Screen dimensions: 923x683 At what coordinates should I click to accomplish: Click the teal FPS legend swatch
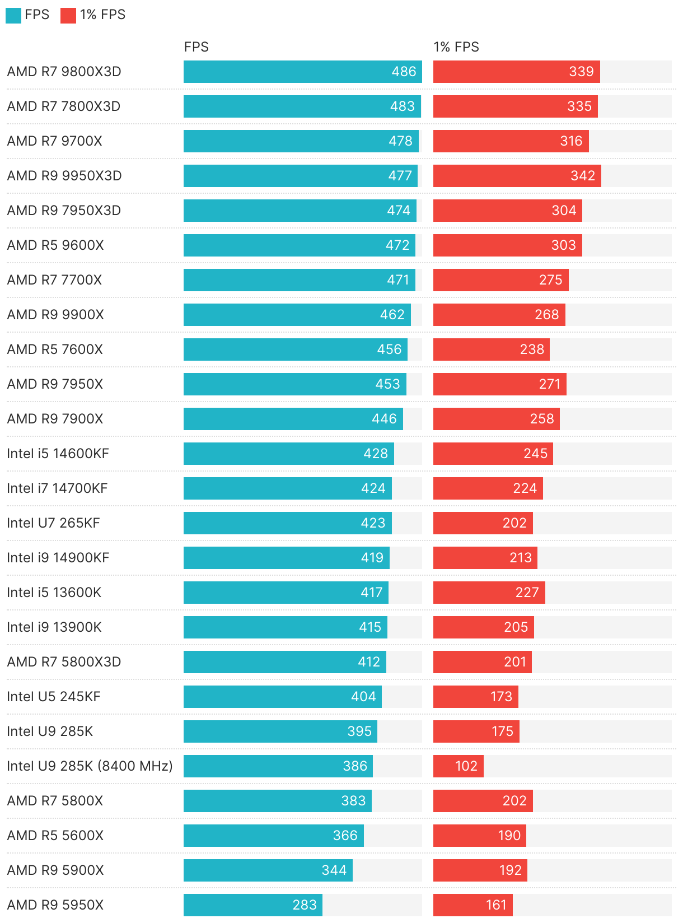tap(13, 15)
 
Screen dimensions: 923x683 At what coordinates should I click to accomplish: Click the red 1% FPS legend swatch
tap(68, 15)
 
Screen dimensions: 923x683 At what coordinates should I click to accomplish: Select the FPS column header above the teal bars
tap(196, 47)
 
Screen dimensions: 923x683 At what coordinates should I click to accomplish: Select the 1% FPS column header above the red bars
tap(456, 47)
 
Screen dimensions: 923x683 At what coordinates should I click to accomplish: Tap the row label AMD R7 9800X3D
tap(64, 72)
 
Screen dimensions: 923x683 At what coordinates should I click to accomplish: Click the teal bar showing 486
tap(302, 72)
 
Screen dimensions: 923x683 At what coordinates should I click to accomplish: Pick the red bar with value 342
tap(517, 176)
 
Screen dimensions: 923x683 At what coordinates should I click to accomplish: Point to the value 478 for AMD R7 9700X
tap(400, 141)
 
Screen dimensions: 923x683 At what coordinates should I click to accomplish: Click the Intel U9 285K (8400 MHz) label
tap(90, 766)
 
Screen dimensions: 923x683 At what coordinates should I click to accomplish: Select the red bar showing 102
tap(458, 766)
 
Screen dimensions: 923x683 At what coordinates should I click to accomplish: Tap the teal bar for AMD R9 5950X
tap(252, 905)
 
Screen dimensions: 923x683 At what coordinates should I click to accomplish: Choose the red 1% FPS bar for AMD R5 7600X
tap(491, 349)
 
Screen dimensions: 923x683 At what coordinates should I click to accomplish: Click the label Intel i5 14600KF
tap(58, 454)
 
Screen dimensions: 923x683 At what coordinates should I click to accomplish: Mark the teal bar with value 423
tap(287, 523)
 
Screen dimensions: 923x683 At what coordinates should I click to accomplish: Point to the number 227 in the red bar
tap(527, 593)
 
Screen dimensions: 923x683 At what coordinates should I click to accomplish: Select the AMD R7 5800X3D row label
tap(64, 662)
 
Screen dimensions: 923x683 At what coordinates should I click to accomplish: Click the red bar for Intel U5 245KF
tap(475, 697)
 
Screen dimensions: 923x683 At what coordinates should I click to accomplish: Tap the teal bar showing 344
tap(268, 870)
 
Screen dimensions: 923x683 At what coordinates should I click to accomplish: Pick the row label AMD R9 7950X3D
tap(64, 211)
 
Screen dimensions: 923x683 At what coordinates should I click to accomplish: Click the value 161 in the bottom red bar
tap(496, 905)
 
